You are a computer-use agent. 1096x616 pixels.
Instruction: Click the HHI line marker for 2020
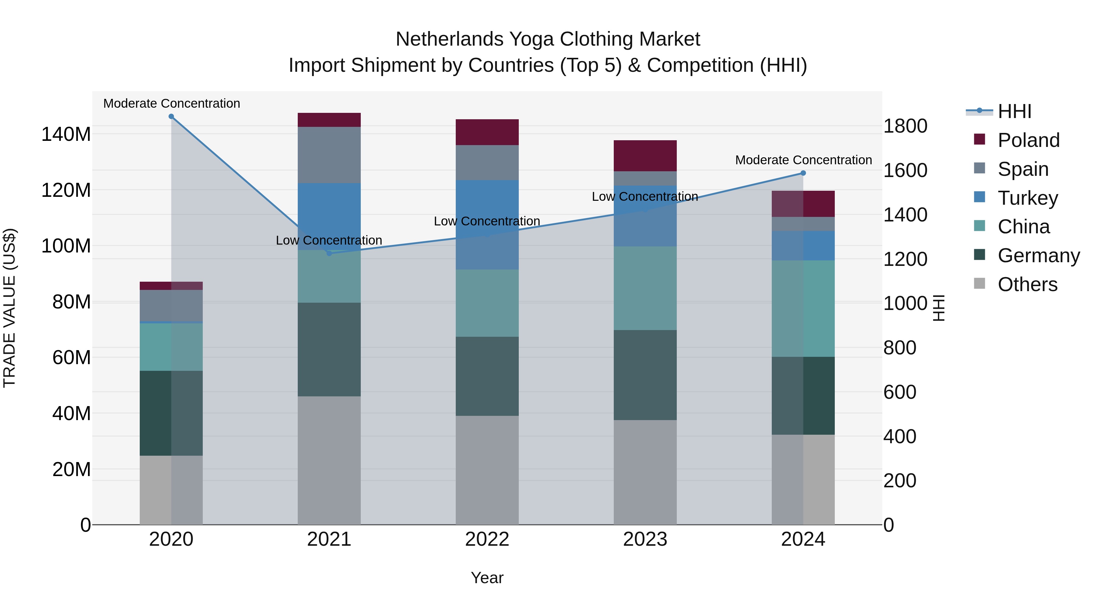[x=171, y=116]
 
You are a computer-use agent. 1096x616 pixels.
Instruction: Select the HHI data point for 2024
[x=803, y=173]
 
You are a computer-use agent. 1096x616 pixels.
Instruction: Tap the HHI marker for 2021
[x=329, y=253]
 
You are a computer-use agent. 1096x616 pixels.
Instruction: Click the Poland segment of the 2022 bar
[x=487, y=132]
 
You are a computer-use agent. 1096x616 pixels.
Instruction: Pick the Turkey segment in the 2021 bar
[x=329, y=216]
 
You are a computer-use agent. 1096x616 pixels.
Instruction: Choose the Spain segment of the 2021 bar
[x=329, y=155]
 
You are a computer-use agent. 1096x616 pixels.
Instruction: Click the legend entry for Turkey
[x=1027, y=198]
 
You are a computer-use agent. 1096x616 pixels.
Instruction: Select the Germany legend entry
[x=1038, y=256]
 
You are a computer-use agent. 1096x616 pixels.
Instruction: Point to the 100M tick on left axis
[x=66, y=246]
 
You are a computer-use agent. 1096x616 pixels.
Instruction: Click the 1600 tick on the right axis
[x=905, y=170]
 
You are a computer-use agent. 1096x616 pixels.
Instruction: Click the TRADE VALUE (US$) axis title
[x=9, y=308]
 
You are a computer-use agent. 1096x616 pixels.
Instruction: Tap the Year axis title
[x=487, y=578]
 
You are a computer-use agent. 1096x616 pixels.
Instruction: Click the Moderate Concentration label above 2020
[x=171, y=103]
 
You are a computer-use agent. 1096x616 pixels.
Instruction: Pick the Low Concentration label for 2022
[x=487, y=221]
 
